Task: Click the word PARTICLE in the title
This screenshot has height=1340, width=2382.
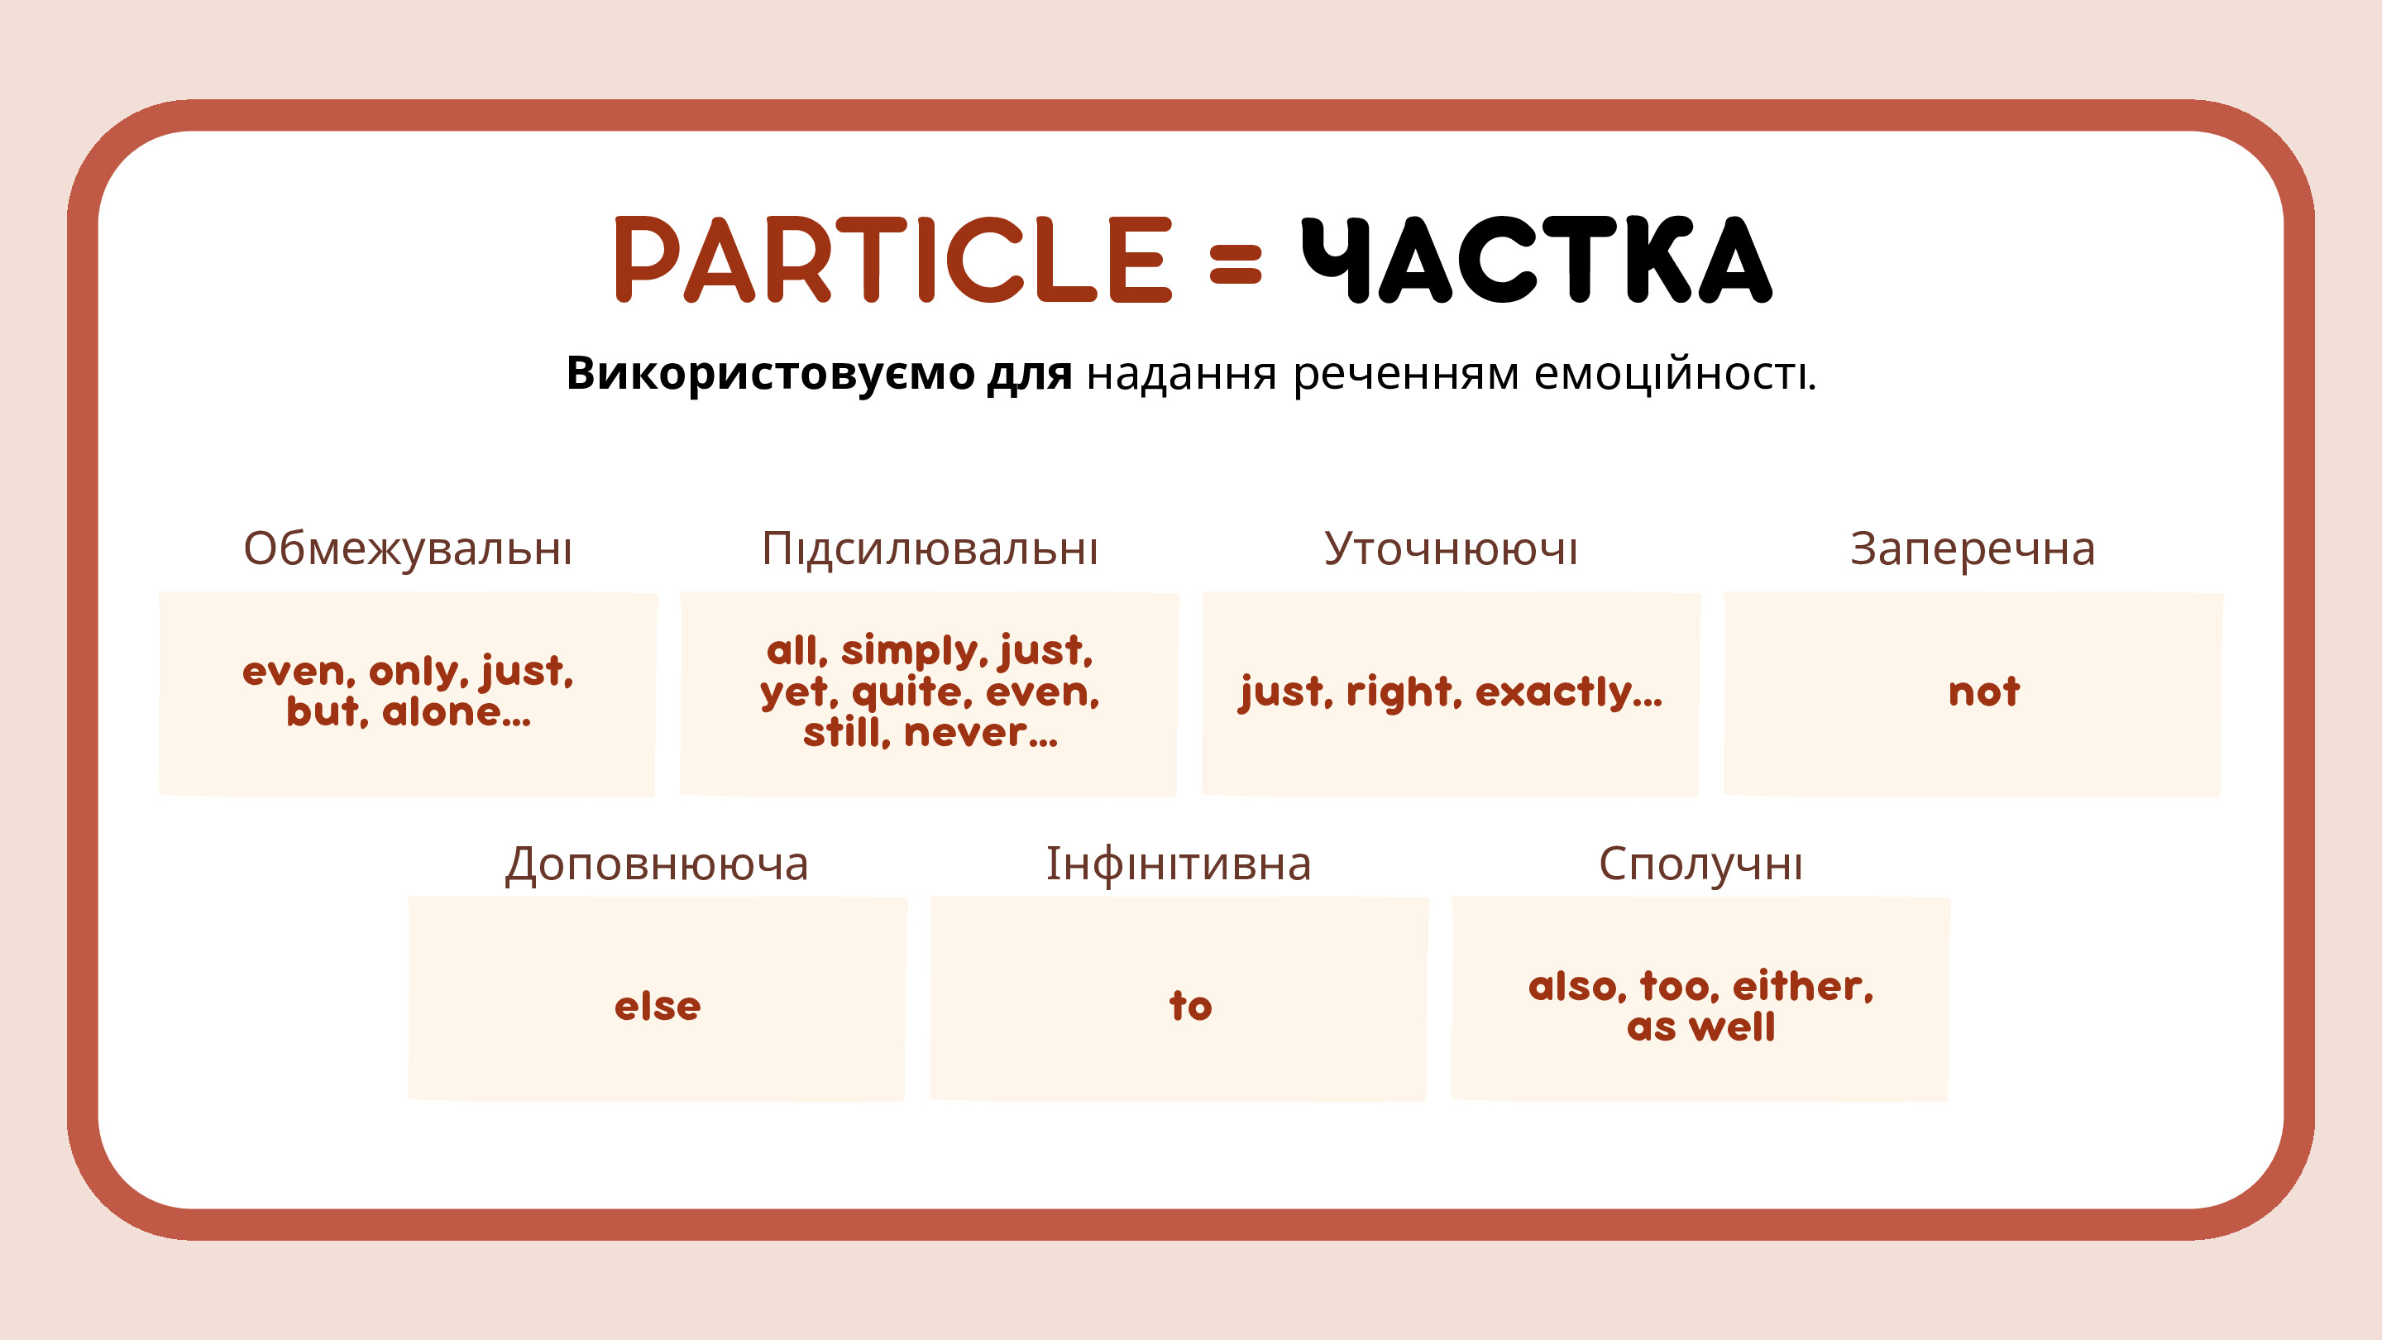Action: click(894, 260)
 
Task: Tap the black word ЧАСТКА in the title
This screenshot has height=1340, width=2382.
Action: click(1537, 260)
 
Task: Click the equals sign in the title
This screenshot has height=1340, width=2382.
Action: click(1236, 263)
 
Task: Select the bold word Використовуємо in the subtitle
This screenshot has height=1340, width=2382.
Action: click(770, 374)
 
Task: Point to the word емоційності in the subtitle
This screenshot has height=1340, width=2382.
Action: click(1675, 374)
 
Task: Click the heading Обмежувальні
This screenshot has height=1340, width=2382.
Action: click(408, 549)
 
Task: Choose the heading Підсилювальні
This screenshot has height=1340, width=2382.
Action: click(930, 548)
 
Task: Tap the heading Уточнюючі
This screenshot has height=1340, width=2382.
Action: click(1451, 548)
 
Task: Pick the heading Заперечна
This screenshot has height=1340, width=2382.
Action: click(1973, 549)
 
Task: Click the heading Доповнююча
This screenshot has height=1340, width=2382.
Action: click(657, 864)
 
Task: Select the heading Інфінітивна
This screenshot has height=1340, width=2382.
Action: click(1178, 864)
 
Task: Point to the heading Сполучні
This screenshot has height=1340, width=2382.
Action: click(1700, 864)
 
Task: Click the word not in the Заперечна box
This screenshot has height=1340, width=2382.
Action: click(1983, 692)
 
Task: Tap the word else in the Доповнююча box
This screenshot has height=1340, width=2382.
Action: click(658, 1005)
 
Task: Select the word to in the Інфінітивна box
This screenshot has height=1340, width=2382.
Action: click(1190, 1005)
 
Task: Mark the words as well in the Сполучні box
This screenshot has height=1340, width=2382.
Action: click(1700, 1027)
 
